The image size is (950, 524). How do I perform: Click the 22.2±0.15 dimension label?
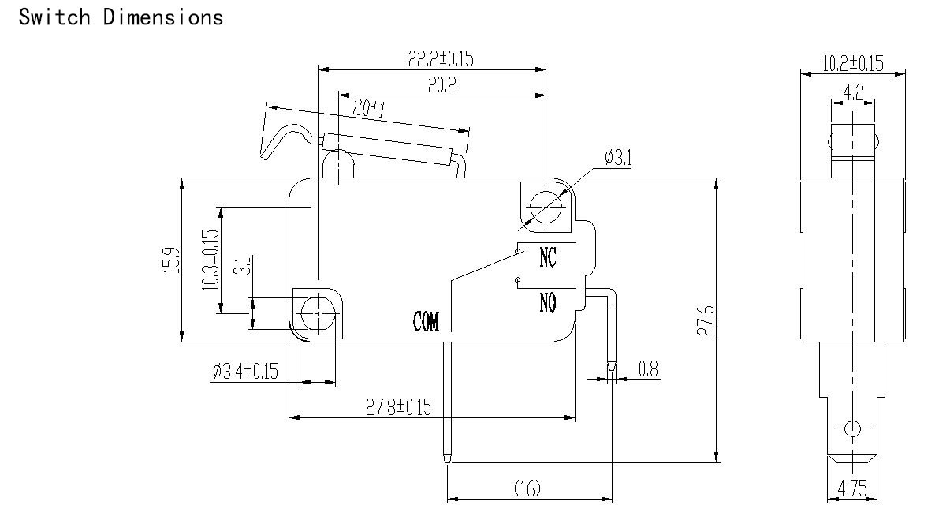[x=441, y=58]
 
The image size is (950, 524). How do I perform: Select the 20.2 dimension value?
[x=442, y=85]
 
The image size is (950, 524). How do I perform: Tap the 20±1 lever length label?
[x=369, y=108]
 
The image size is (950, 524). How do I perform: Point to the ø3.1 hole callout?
[x=618, y=158]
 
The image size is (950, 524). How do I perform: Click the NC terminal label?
[x=547, y=257]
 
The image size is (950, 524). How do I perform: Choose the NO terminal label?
[x=547, y=302]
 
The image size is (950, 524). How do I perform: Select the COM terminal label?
[x=426, y=321]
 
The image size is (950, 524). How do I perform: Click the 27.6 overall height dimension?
[x=706, y=320]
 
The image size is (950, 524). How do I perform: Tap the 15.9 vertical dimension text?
[x=172, y=260]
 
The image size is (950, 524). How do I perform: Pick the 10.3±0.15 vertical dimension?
[x=210, y=260]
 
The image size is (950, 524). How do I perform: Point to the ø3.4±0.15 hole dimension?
[x=245, y=371]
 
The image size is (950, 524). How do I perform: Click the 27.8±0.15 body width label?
[x=398, y=406]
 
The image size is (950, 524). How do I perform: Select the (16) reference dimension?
[x=527, y=488]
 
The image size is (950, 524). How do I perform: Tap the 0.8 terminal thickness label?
[x=649, y=369]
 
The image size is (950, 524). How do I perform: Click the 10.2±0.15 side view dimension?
[x=853, y=64]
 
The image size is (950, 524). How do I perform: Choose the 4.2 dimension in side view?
[x=853, y=92]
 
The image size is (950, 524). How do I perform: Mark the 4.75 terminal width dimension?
[x=852, y=488]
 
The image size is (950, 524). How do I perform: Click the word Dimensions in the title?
[x=163, y=17]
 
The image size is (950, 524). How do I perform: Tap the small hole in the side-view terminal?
[x=852, y=429]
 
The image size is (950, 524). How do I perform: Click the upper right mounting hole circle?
[x=546, y=208]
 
